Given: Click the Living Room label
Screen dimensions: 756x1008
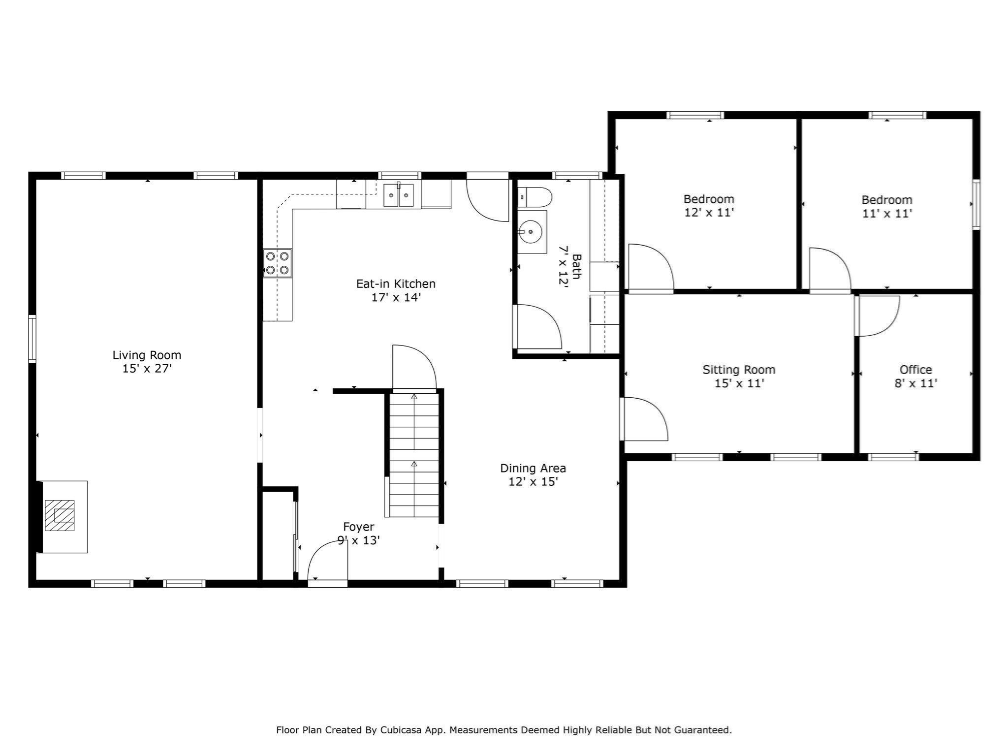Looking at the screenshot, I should coord(147,355).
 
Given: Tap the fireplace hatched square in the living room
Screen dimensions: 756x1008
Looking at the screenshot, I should coord(60,515).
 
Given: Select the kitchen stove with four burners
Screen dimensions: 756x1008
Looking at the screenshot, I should coord(277,263).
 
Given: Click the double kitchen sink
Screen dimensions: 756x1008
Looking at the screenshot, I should coord(399,195).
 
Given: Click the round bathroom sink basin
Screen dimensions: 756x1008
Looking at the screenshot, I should coord(530,231).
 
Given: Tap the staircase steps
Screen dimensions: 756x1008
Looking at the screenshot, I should coord(414,453).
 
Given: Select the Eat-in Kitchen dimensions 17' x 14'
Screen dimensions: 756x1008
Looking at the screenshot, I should coord(396,297).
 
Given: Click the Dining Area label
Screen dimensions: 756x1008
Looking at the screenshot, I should coord(533,468).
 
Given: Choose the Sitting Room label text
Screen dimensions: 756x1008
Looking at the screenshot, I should coord(738,370).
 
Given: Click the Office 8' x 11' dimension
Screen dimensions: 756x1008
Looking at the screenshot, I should coord(915,383).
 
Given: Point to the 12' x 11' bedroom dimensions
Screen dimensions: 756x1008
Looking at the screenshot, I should coord(709,213).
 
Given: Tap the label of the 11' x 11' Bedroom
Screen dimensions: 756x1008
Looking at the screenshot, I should coord(886,200).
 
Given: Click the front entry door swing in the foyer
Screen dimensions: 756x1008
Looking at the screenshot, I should coord(327,561).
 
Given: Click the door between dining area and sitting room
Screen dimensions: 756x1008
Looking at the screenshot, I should coord(645,419).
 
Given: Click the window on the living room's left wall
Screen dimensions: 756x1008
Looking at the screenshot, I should coord(32,339).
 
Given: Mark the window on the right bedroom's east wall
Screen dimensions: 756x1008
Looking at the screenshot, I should coord(976,204).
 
